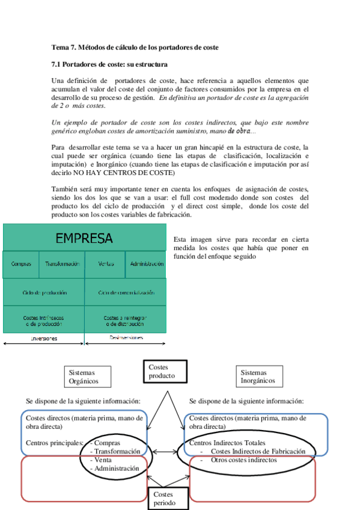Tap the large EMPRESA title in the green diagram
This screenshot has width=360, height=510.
tap(84, 238)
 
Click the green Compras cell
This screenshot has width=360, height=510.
tap(21, 264)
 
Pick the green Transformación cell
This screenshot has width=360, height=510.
tap(62, 264)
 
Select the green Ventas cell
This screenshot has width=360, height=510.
tap(106, 264)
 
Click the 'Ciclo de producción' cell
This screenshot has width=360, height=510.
tap(44, 292)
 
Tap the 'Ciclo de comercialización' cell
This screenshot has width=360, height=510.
tap(125, 292)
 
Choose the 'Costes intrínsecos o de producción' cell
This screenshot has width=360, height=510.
tap(43, 321)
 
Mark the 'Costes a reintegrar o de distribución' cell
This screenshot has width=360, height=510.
tap(125, 321)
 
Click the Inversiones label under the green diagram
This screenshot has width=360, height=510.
tap(44, 339)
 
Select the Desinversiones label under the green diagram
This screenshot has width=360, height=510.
tap(126, 338)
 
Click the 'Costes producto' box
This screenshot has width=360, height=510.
tap(165, 372)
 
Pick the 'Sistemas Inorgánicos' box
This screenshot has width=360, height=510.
tap(258, 376)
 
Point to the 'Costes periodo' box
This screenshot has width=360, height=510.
tap(168, 499)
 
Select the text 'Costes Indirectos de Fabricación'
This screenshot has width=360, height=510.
tap(258, 451)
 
